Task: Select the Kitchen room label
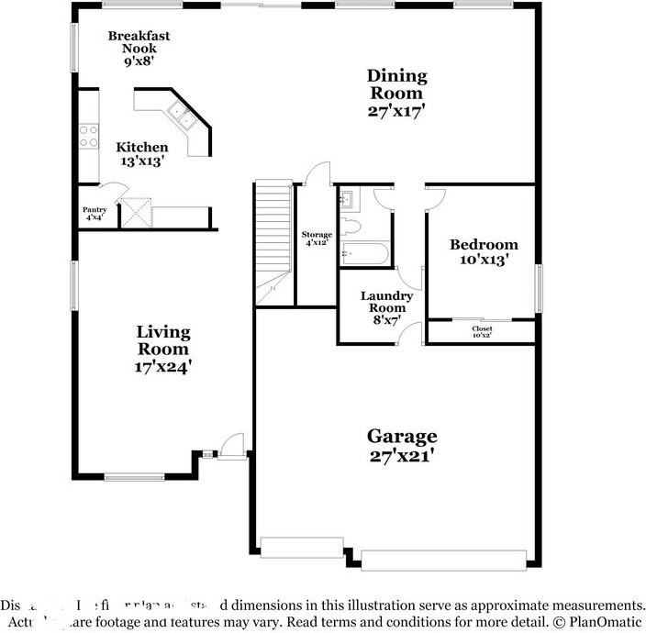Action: coord(141,147)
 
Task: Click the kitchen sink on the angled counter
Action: coord(179,117)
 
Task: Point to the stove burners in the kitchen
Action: coord(89,136)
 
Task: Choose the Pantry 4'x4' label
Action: coord(95,214)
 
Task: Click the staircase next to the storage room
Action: coord(273,239)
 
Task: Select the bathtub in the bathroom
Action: coord(364,253)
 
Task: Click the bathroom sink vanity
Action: coord(349,201)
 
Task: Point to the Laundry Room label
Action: coord(385,302)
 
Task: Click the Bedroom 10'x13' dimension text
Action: coord(483,261)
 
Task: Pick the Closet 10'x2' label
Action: coord(482,332)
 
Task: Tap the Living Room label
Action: coord(163,339)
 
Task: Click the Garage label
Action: coord(402,436)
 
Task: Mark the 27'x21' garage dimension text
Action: coord(401,456)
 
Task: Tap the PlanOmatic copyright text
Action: coord(596,620)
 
